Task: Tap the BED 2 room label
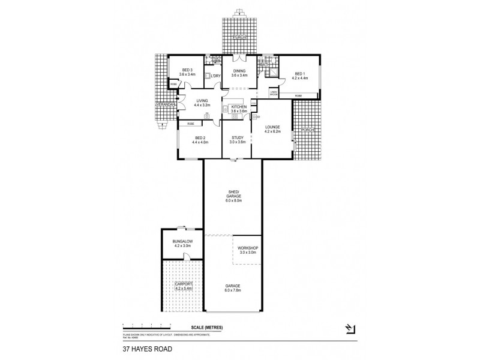(199, 137)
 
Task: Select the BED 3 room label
(187, 70)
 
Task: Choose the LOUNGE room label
(272, 127)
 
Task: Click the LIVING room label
(202, 100)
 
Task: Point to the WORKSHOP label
(247, 248)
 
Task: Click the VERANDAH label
(165, 104)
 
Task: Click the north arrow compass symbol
(350, 328)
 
